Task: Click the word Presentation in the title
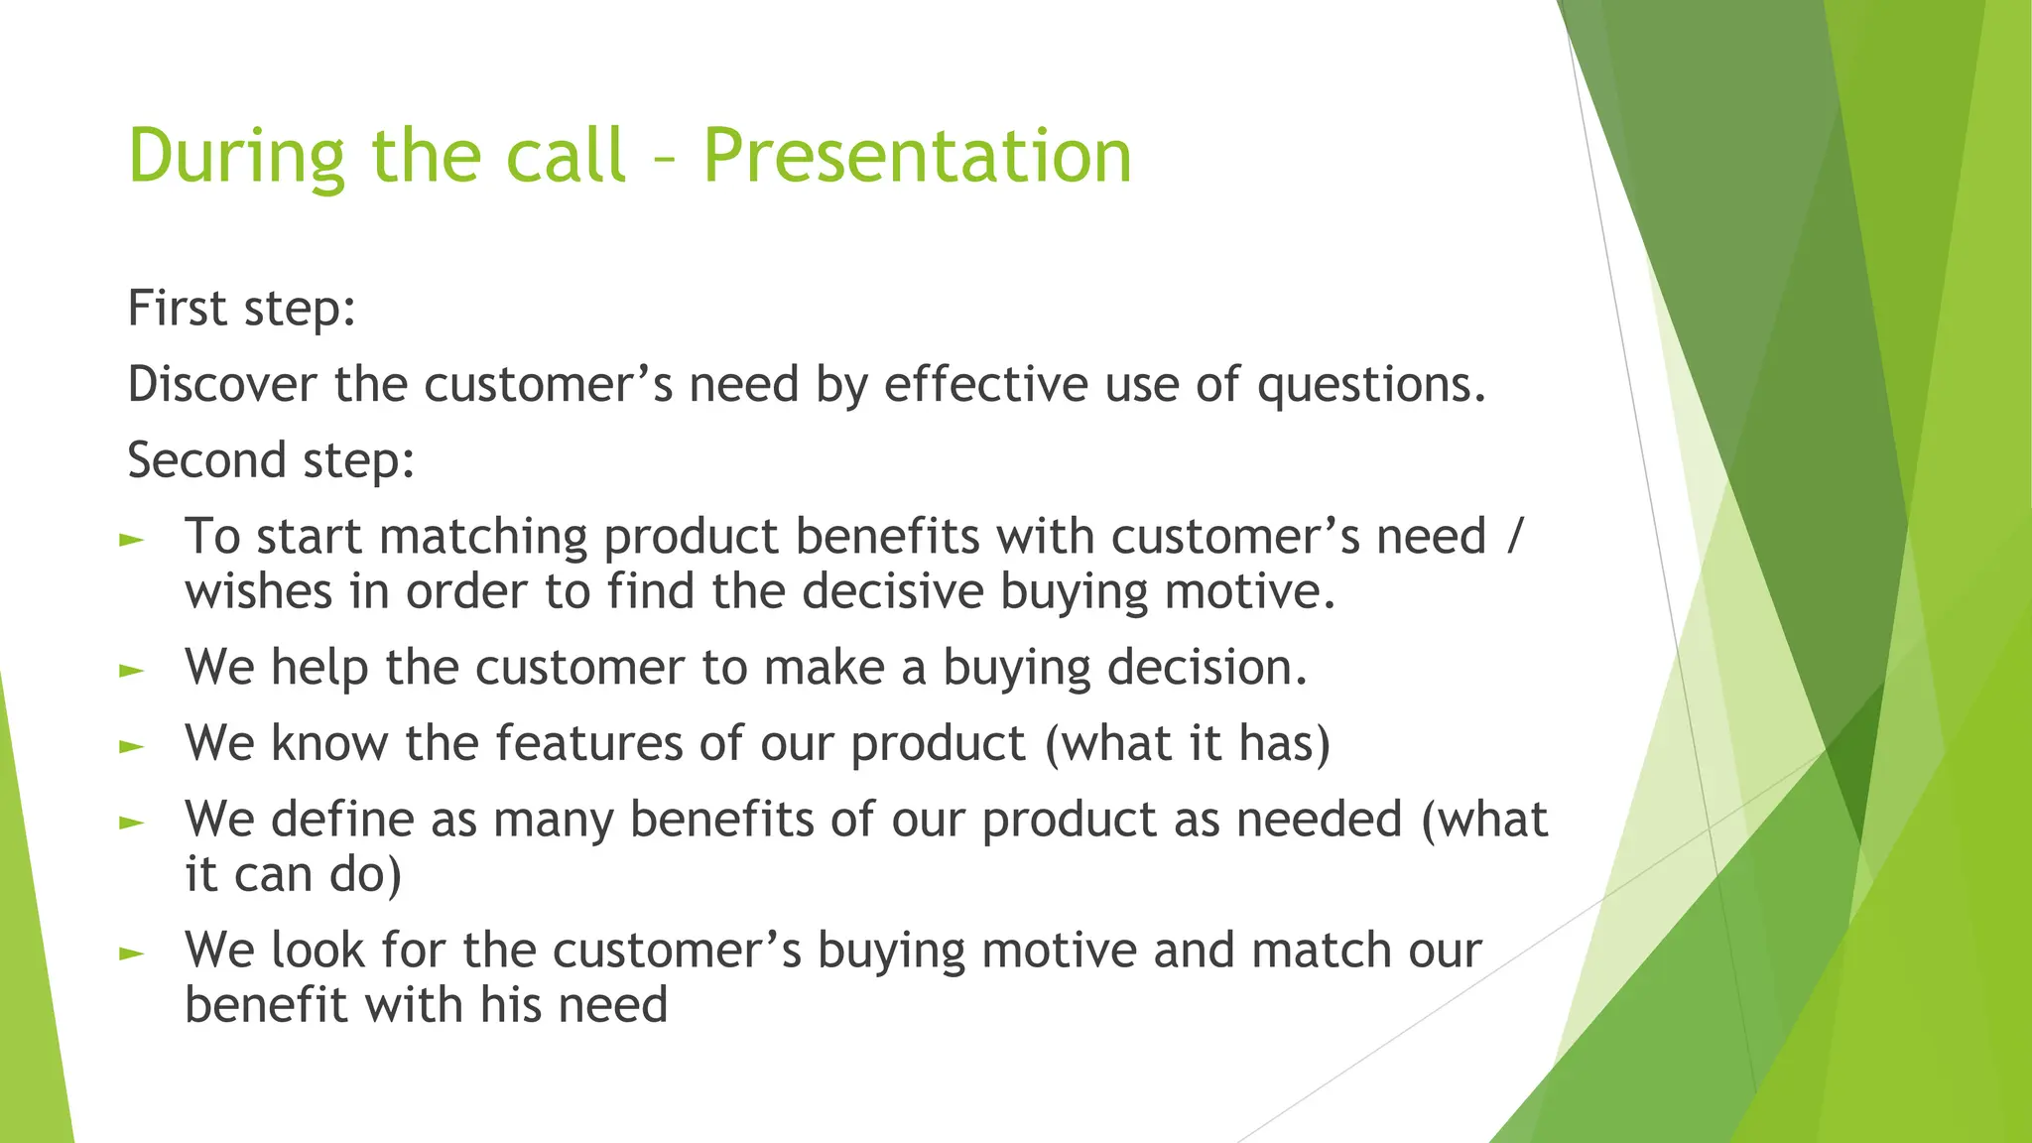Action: tap(917, 157)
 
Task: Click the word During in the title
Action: tap(236, 157)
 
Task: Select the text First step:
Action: tap(241, 309)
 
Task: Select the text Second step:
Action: tap(271, 461)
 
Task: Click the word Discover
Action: tap(222, 385)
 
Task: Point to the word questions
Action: tap(1371, 385)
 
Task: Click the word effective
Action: tap(985, 385)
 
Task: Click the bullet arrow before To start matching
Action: tap(131, 541)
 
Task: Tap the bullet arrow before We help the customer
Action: tap(131, 672)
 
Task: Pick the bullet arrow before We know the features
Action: tap(131, 747)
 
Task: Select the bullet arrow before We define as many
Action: tap(131, 824)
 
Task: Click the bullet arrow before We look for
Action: tap(131, 954)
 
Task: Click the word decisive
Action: tap(892, 592)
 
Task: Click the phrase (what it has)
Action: tap(1187, 744)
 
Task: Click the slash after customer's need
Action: tap(1513, 538)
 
